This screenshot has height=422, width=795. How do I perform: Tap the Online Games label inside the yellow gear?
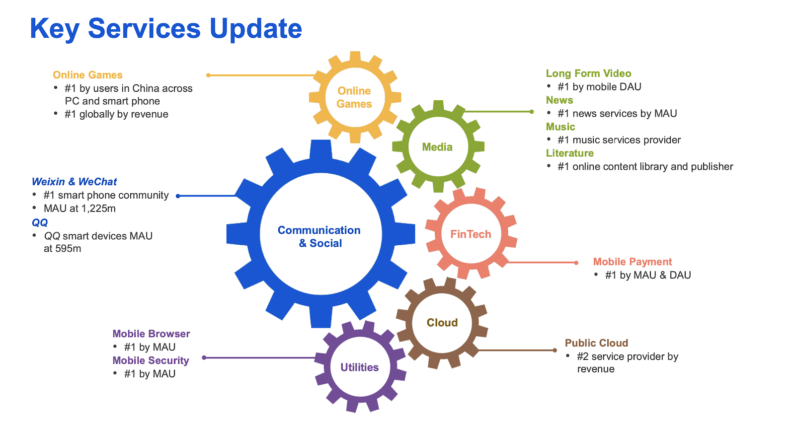pyautogui.click(x=354, y=97)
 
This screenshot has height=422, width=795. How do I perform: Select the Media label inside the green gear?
pyautogui.click(x=437, y=147)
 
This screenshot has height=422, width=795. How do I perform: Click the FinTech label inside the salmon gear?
pyautogui.click(x=471, y=234)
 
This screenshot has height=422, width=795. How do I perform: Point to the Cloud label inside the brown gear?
pyautogui.click(x=442, y=322)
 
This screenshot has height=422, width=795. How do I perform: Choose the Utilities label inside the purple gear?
pyautogui.click(x=360, y=367)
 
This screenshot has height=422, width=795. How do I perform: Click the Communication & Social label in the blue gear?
pyautogui.click(x=319, y=236)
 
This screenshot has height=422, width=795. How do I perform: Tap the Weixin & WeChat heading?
pyautogui.click(x=74, y=182)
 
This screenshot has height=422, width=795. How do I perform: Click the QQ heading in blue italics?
pyautogui.click(x=40, y=223)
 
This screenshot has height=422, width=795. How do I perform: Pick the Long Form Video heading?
pyautogui.click(x=588, y=73)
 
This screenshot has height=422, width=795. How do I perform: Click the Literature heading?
pyautogui.click(x=569, y=153)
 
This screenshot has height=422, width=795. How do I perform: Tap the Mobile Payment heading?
pyautogui.click(x=633, y=262)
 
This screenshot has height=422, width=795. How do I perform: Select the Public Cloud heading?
pyautogui.click(x=596, y=343)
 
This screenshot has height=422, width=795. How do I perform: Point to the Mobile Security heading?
pyautogui.click(x=151, y=360)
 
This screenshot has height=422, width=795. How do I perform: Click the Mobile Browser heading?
pyautogui.click(x=151, y=334)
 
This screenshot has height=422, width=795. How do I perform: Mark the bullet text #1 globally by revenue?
pyautogui.click(x=116, y=114)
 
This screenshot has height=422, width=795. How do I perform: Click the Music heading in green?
pyautogui.click(x=560, y=127)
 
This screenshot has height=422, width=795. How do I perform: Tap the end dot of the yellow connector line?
pyautogui.click(x=208, y=75)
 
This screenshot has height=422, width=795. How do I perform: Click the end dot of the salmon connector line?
pyautogui.click(x=576, y=263)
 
